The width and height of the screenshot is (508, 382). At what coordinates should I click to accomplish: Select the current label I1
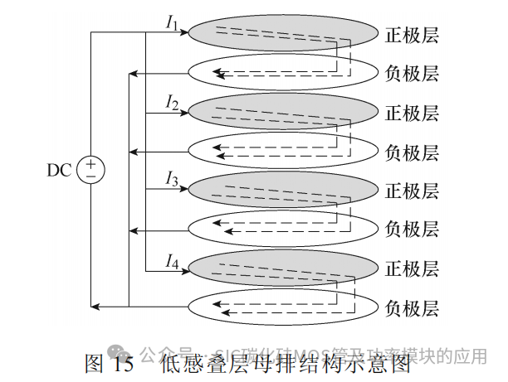point(172,23)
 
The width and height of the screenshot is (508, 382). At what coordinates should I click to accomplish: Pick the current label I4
point(172,263)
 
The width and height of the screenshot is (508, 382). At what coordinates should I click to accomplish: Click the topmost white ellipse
point(282,73)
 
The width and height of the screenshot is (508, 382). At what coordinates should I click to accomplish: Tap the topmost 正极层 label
point(412,35)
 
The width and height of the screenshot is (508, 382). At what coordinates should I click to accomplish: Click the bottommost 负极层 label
point(412,307)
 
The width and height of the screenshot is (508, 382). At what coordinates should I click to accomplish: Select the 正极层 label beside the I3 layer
point(412,191)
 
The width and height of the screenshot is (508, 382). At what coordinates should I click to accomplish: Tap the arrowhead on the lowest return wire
point(95,307)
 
